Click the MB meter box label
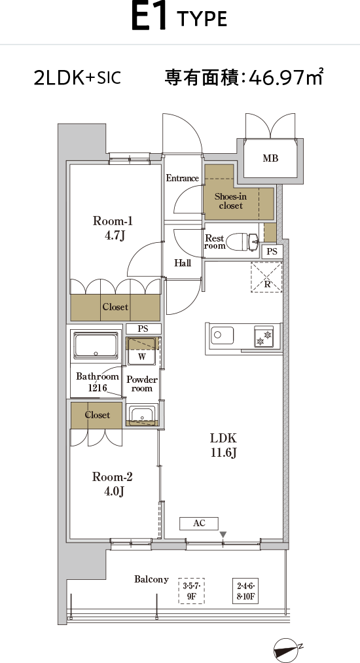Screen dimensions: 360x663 coord(270,158)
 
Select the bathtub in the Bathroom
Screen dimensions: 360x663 coord(96,346)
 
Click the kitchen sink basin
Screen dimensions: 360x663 coord(222,335)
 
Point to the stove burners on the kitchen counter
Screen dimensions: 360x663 coord(264,336)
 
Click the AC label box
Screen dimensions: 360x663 coord(199,523)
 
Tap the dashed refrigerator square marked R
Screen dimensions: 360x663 coord(266,277)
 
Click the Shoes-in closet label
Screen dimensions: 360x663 coord(230,201)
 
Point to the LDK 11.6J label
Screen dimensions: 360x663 coord(224,445)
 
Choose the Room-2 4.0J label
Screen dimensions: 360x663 coord(113,483)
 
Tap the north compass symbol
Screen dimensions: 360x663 coord(287,650)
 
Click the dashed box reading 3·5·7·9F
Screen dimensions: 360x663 coord(192,591)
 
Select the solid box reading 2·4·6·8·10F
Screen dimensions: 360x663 coord(245,591)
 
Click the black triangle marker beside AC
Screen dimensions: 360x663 coord(223,535)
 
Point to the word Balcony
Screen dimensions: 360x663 coord(151,579)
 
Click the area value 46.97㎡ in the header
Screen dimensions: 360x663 coord(287,77)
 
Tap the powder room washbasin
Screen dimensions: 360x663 coord(142,414)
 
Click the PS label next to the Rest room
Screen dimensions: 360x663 coord(272,251)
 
